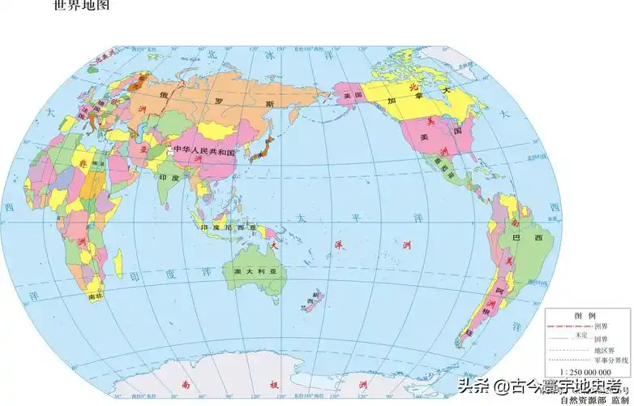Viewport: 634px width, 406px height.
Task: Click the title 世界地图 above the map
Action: click(x=79, y=6)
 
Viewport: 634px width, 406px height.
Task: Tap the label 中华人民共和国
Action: click(x=203, y=152)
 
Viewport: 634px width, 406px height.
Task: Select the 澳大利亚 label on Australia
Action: click(x=250, y=270)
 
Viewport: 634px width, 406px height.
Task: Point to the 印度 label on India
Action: click(x=168, y=177)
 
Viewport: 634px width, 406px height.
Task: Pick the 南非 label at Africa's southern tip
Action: click(x=95, y=297)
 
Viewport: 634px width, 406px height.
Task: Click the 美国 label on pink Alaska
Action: click(x=351, y=96)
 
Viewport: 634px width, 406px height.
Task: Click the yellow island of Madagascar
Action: click(x=118, y=261)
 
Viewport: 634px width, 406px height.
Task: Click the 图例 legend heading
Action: click(x=585, y=315)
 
